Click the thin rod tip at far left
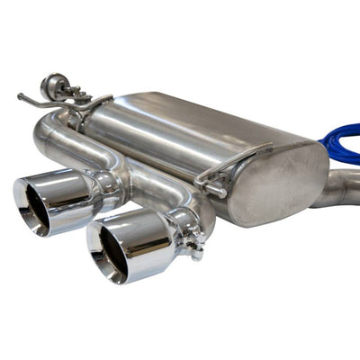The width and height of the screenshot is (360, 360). [x=21, y=94]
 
